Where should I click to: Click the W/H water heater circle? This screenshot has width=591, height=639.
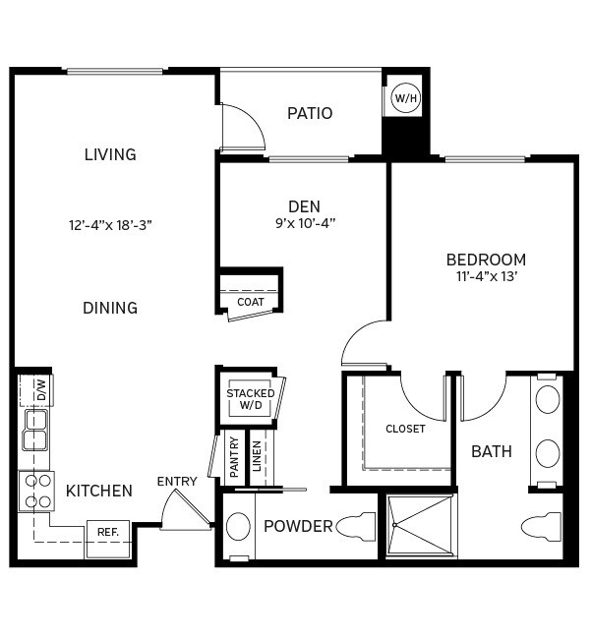[x=405, y=97]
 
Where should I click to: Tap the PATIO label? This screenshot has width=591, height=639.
[x=310, y=113]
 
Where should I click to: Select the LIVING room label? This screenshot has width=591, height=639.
[x=110, y=154]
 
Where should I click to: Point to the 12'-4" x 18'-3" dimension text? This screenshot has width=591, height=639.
[x=110, y=225]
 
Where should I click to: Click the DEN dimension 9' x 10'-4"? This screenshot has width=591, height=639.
[x=305, y=223]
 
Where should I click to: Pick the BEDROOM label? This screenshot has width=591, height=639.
[x=486, y=260]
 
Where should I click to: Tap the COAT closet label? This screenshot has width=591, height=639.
[x=251, y=302]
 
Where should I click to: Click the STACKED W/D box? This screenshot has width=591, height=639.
[x=251, y=398]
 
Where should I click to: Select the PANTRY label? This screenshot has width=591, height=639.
[x=234, y=458]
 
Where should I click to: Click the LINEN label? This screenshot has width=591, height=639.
[x=258, y=458]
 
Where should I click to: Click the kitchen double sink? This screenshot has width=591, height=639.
[x=35, y=430]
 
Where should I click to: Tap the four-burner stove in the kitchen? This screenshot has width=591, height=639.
[x=37, y=491]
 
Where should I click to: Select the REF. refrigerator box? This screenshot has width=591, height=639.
[x=107, y=532]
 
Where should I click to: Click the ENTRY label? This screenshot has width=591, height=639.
[x=177, y=482]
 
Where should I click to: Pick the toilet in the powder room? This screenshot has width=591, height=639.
[x=356, y=528]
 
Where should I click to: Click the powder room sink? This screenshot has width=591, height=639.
[x=238, y=526]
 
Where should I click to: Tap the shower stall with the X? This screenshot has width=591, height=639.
[x=421, y=526]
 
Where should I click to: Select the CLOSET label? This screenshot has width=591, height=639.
[x=405, y=429]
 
